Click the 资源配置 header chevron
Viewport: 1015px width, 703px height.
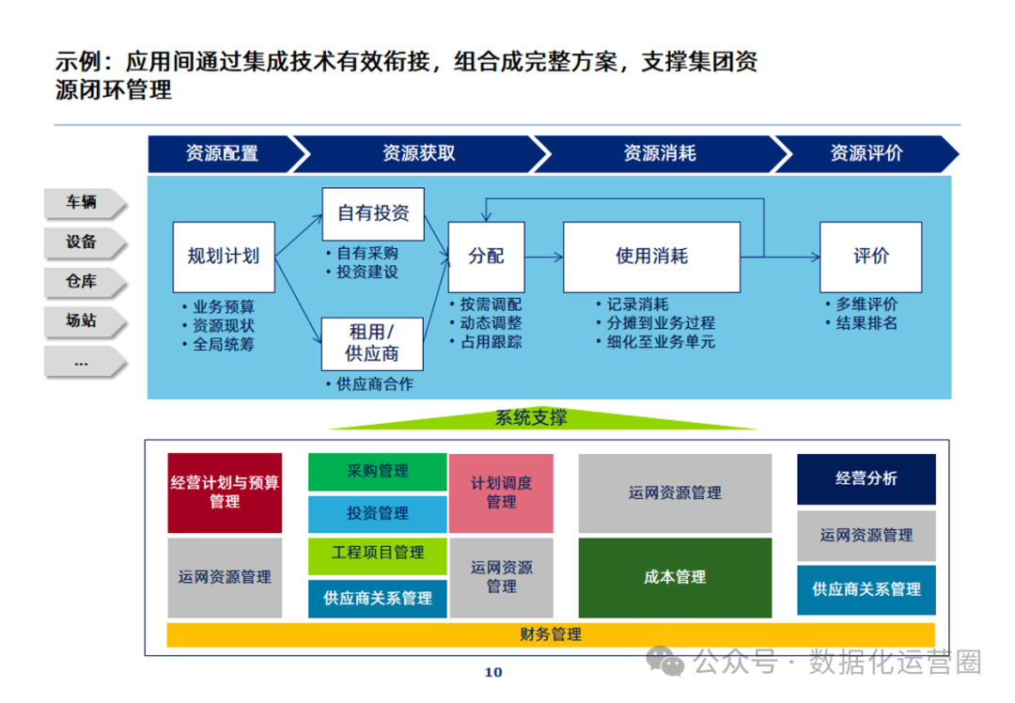[x=222, y=153]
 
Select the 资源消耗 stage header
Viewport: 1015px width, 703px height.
[x=659, y=153]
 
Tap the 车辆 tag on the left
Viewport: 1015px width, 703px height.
[x=82, y=202]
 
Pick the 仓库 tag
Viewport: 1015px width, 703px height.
[x=82, y=281]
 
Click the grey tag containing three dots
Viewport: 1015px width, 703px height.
[x=82, y=362]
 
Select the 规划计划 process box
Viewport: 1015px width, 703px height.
[x=224, y=257]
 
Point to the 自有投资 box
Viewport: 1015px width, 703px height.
[x=373, y=213]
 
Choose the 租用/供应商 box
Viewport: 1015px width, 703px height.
[x=373, y=342]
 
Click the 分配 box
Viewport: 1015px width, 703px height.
[x=486, y=257]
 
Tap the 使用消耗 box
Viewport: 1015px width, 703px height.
[x=651, y=257]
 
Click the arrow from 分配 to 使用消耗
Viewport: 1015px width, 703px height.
[x=543, y=257]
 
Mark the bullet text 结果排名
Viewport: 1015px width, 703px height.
[x=867, y=323]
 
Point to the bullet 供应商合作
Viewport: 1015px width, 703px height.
[x=374, y=384]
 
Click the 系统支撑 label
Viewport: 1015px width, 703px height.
[x=531, y=418]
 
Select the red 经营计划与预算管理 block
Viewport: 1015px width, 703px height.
[x=225, y=492]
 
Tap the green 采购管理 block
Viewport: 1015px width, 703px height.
[x=378, y=472]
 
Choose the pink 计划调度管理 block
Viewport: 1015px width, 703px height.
[x=501, y=492]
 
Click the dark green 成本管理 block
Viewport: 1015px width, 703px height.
[x=675, y=577]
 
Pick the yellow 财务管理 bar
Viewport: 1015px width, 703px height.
[x=551, y=634]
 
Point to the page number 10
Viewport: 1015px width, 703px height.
[x=493, y=672]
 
